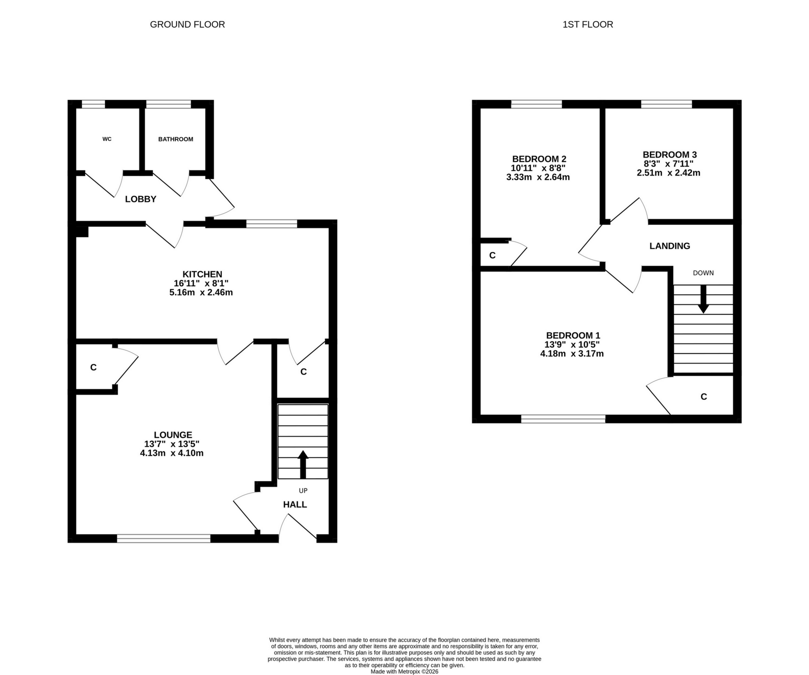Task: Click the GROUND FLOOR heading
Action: tap(187, 24)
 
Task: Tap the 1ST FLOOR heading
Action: tap(588, 24)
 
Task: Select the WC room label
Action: tap(107, 139)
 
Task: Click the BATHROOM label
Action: tap(175, 139)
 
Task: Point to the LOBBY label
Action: tap(141, 199)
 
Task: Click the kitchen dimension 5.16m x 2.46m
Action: tap(201, 292)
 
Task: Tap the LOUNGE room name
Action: tap(173, 435)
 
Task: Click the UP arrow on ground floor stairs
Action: tap(303, 464)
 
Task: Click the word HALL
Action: tap(295, 505)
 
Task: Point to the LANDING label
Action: tap(670, 246)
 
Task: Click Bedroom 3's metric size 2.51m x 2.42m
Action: tap(668, 173)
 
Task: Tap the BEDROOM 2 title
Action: tap(539, 159)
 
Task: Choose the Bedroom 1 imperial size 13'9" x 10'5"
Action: tap(572, 345)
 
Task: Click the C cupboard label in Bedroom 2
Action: tap(492, 256)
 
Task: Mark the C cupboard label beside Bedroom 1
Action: tap(704, 397)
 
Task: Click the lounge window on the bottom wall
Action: tap(164, 538)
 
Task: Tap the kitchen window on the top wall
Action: tap(272, 224)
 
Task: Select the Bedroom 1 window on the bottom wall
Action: tap(563, 419)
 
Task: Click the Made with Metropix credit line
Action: tap(404, 671)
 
